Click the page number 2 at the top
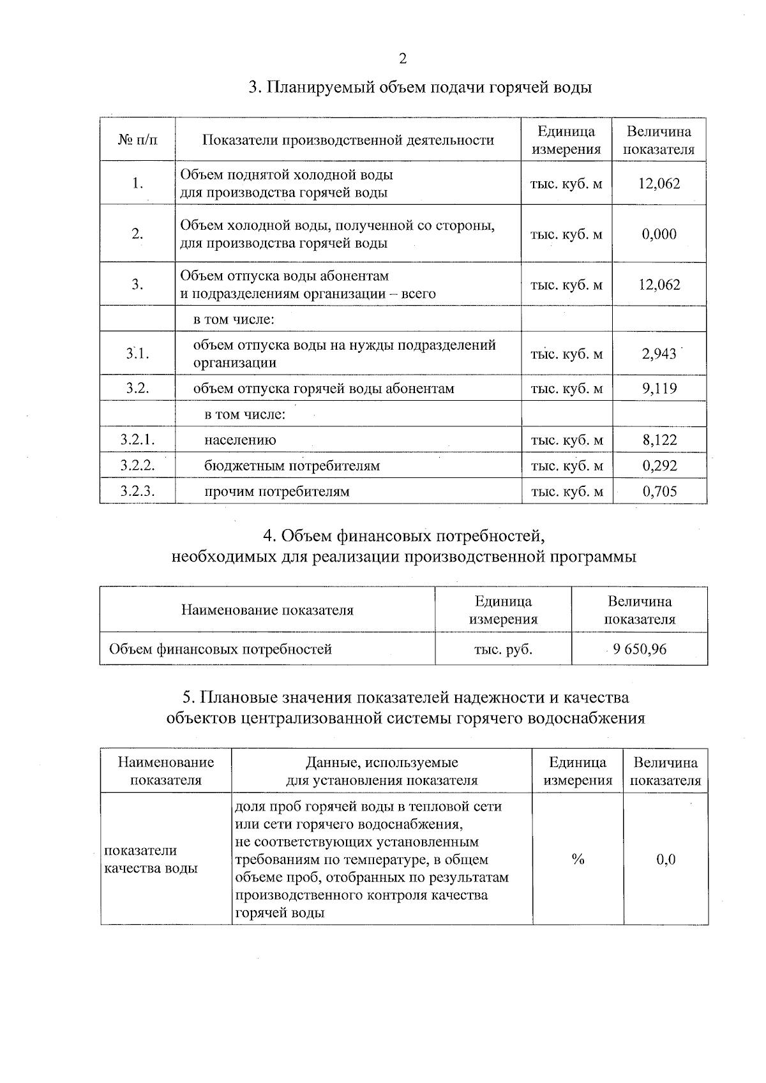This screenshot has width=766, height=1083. (x=402, y=59)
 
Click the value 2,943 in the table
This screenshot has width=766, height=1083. (x=659, y=354)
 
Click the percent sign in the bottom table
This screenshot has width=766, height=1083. (x=578, y=860)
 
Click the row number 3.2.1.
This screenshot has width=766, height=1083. (x=137, y=440)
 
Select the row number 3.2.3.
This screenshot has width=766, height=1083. (x=137, y=491)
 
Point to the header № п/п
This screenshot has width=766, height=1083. (x=137, y=140)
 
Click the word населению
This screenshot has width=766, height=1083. (x=240, y=440)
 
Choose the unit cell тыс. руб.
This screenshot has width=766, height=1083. (x=503, y=650)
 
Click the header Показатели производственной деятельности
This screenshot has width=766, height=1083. (x=348, y=140)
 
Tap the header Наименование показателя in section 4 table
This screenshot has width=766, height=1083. (x=267, y=610)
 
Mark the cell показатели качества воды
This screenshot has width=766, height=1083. (x=151, y=860)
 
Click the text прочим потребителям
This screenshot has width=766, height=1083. (x=276, y=491)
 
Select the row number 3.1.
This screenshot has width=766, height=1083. (x=137, y=354)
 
